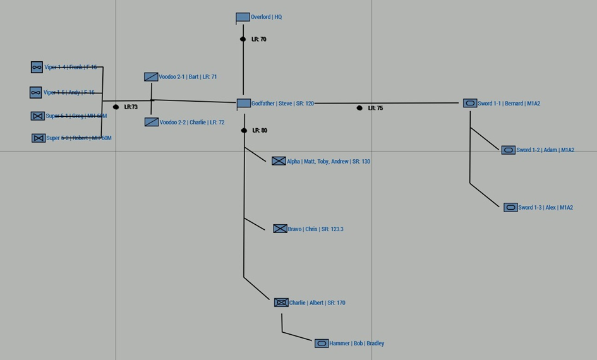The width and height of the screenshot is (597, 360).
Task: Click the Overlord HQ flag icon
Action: pyautogui.click(x=243, y=18)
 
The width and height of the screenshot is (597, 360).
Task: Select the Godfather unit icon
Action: pyautogui.click(x=244, y=103)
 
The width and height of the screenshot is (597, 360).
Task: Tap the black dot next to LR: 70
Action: pyautogui.click(x=243, y=39)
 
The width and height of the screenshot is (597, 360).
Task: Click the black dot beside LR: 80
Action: pyautogui.click(x=244, y=131)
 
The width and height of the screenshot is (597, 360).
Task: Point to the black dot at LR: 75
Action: pyautogui.click(x=359, y=108)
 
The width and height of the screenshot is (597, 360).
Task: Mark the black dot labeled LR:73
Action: pyautogui.click(x=116, y=107)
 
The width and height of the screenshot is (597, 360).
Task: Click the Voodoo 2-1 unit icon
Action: pyautogui.click(x=151, y=77)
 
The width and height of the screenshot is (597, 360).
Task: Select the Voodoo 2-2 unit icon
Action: pyautogui.click(x=152, y=122)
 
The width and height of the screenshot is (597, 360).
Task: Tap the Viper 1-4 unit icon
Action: pyautogui.click(x=37, y=67)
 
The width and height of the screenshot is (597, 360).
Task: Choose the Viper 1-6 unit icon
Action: pyautogui.click(x=36, y=93)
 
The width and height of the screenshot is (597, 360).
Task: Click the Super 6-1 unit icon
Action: pyautogui.click(x=37, y=116)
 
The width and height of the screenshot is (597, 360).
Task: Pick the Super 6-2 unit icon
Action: pyautogui.click(x=39, y=138)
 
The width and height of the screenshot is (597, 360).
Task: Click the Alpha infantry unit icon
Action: pyautogui.click(x=279, y=161)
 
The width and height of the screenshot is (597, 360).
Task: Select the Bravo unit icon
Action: pyautogui.click(x=280, y=229)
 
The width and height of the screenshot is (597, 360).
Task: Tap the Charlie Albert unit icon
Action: pyautogui.click(x=281, y=303)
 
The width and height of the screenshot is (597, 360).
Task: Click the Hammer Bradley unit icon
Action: pyautogui.click(x=322, y=344)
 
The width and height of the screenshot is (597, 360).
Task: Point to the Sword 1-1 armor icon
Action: pyautogui.click(x=470, y=103)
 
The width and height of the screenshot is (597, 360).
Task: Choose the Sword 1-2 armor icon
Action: pyautogui.click(x=509, y=150)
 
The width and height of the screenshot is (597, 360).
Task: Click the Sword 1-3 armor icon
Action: pyautogui.click(x=510, y=207)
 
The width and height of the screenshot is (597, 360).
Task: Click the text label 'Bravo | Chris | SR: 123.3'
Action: pyautogui.click(x=316, y=229)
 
